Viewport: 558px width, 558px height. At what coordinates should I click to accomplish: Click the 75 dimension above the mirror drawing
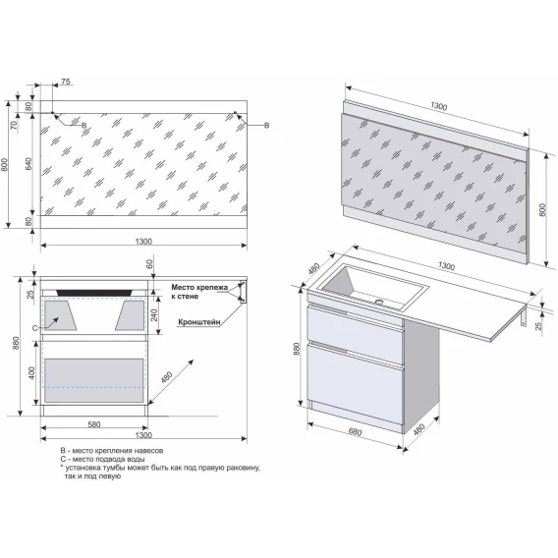click(66, 82)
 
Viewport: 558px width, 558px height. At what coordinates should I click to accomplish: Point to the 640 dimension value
click(28, 163)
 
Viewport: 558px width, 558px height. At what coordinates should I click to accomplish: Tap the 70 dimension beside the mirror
click(14, 125)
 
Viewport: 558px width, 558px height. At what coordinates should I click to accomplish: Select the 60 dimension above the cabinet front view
click(149, 263)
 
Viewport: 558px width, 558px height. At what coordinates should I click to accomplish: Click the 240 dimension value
click(154, 315)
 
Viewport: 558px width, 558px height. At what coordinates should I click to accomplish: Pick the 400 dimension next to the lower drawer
click(31, 373)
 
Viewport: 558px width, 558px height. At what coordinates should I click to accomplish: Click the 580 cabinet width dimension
click(94, 424)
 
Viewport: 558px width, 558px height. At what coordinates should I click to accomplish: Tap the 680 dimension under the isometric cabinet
click(355, 431)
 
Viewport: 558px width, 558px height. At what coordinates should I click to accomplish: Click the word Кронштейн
click(199, 322)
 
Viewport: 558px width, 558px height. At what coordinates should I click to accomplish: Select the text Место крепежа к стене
click(199, 292)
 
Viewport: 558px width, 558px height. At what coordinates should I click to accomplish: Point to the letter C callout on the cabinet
click(34, 328)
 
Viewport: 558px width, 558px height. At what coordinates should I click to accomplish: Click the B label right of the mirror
click(266, 126)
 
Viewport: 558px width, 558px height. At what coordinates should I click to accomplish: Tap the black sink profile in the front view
click(94, 292)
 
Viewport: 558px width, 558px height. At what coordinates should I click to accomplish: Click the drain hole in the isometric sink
click(379, 303)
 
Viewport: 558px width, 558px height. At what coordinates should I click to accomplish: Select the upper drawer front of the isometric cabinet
click(355, 330)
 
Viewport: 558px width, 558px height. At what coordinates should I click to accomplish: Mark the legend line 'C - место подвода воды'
click(102, 459)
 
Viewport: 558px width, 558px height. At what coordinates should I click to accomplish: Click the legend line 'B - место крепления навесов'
click(112, 451)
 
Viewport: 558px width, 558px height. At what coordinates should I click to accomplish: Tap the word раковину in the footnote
click(245, 468)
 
